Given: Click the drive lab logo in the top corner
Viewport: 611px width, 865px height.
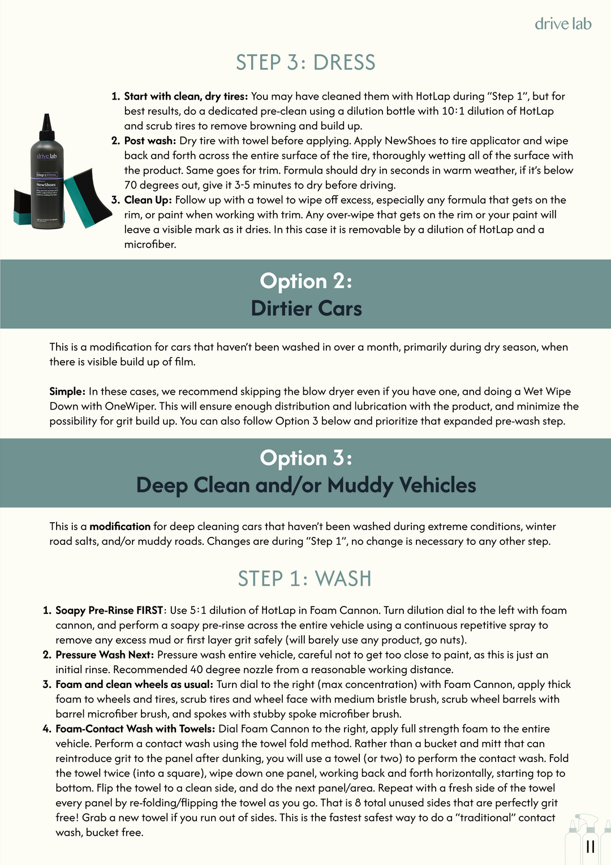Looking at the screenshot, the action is (563, 24).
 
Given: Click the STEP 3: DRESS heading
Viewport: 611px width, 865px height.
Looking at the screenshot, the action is (305, 62).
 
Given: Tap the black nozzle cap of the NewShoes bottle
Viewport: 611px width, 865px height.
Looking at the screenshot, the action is (47, 126).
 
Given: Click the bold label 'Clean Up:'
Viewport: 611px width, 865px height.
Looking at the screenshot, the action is (148, 200).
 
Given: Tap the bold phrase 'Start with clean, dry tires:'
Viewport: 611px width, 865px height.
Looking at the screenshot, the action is (186, 96).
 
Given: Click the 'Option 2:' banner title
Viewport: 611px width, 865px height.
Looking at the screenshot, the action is (306, 281).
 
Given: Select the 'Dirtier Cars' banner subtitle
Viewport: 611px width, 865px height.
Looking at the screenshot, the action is (306, 308).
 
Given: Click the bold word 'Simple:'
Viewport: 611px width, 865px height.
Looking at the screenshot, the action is (67, 391).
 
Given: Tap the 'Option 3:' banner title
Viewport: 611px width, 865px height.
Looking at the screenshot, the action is (306, 458).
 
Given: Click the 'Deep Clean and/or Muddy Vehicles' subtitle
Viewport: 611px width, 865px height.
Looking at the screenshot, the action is (306, 485).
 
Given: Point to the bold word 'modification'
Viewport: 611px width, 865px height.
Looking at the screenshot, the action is (120, 526).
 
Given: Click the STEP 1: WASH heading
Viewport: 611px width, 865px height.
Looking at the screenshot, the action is (305, 579).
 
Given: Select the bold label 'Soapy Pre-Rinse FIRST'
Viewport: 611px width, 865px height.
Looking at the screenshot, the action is (109, 610).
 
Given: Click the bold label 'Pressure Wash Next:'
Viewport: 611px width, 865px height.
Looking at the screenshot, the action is (105, 655).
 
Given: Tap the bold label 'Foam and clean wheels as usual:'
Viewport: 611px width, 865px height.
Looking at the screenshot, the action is (135, 685).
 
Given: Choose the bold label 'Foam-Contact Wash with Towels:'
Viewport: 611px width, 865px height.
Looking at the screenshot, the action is (135, 729).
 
